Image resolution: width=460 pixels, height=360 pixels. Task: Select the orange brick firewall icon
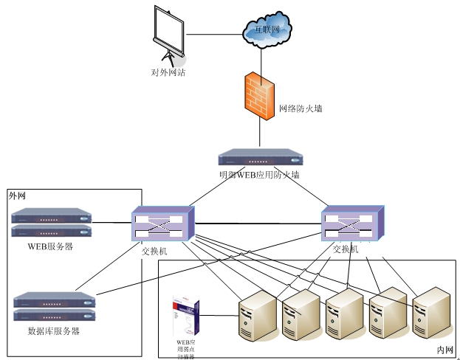(260, 95)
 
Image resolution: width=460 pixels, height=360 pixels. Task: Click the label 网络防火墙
(300, 108)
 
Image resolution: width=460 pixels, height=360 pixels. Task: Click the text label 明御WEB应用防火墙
(259, 176)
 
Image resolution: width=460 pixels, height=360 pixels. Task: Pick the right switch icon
(351, 223)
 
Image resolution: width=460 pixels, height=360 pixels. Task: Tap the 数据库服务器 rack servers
(55, 306)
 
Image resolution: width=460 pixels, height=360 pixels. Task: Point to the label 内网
(444, 349)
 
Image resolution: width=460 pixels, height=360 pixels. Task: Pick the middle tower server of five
(344, 314)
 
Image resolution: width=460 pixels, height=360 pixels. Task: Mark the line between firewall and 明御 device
(260, 135)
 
